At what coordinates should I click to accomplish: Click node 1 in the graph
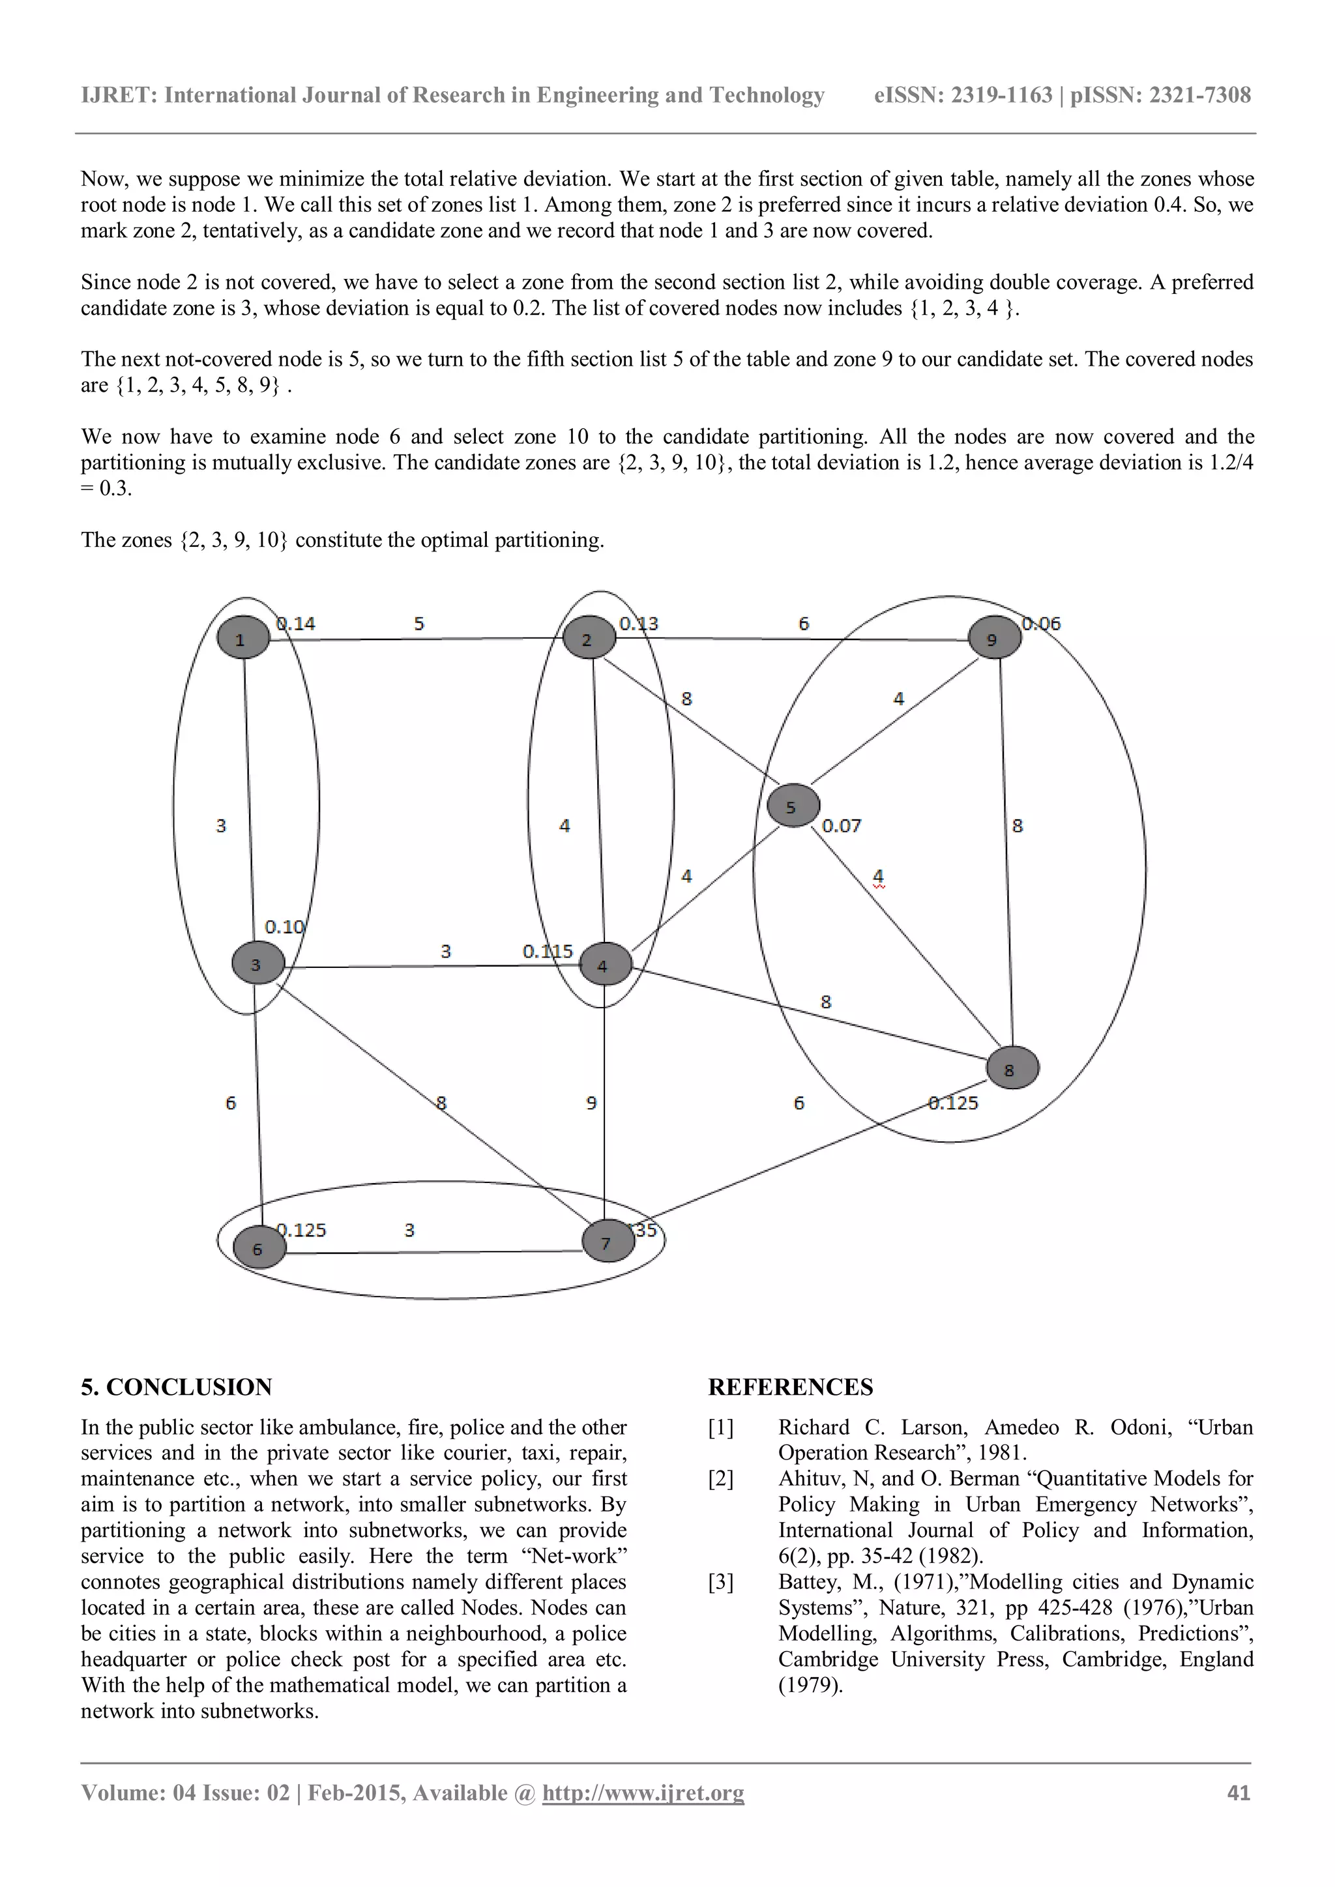[243, 637]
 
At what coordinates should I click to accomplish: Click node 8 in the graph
[1011, 1068]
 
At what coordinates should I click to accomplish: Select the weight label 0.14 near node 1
[296, 624]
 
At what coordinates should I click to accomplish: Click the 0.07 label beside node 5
[842, 825]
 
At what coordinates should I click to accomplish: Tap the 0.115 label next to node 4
[548, 951]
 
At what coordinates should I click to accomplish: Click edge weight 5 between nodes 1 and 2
[418, 624]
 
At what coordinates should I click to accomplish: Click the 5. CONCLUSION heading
[176, 1386]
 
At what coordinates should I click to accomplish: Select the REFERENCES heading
[790, 1386]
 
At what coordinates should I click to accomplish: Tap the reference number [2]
[720, 1478]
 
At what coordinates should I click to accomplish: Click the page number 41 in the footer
[1238, 1792]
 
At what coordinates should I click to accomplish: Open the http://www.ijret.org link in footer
[643, 1792]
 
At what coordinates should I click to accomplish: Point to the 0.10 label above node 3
[284, 926]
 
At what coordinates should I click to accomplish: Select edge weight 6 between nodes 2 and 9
[803, 624]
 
